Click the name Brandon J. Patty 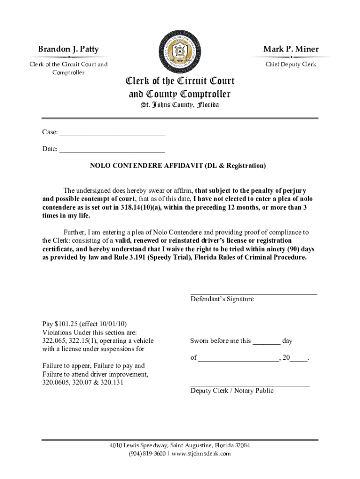[68, 50]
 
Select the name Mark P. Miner [291, 50]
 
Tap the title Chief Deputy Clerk [291, 64]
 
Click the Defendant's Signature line [253, 293]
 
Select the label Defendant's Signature [222, 299]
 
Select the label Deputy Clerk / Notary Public [232, 391]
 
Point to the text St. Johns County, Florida [180, 105]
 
